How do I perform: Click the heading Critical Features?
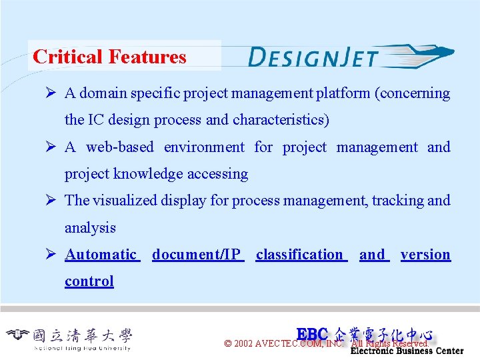109,57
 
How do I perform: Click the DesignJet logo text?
313,57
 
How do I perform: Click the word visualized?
126,201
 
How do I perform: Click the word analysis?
90,228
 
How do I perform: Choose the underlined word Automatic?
101,255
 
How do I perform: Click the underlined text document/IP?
197,255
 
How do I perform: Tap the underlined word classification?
299,255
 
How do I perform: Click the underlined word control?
89,281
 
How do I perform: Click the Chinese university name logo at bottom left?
69,337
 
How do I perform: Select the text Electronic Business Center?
407,351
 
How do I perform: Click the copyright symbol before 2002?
228,344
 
